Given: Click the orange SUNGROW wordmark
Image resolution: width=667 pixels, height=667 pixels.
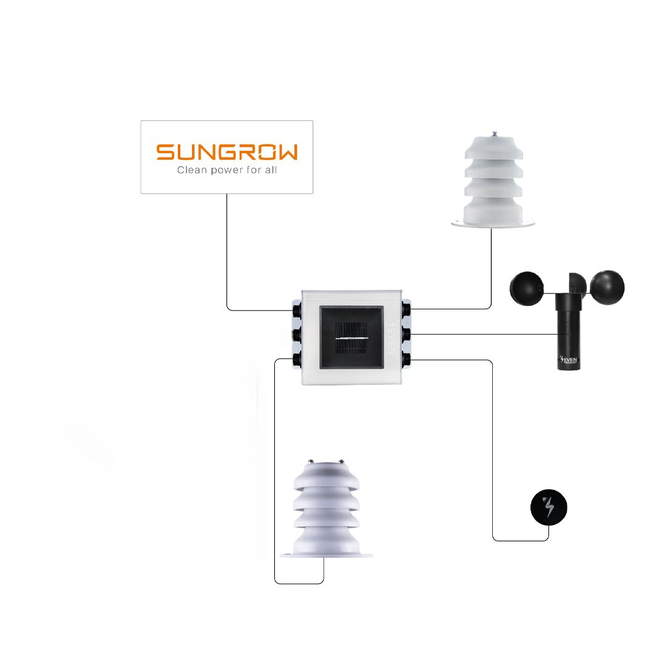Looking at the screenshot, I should [226, 152].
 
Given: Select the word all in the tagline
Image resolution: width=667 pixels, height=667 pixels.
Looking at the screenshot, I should [270, 170].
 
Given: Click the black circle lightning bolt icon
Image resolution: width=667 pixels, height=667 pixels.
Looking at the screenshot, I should [548, 508].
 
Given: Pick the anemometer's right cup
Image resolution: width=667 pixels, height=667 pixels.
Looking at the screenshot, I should [607, 286].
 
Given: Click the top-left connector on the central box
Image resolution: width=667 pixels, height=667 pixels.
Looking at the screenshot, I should [297, 307].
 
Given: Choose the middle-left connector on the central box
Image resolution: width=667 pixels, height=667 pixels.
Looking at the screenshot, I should [297, 334].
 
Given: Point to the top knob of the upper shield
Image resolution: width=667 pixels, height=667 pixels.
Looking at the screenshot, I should [492, 133].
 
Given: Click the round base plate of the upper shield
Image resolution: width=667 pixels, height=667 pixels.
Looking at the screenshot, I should [492, 223].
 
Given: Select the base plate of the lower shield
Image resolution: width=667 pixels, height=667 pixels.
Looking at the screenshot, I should [326, 554].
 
